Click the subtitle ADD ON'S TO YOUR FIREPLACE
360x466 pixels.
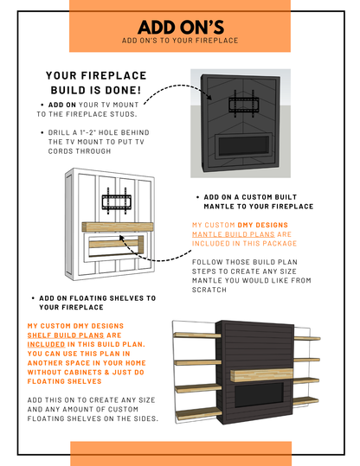pyautogui.click(x=180, y=40)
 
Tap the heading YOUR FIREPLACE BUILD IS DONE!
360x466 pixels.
pyautogui.click(x=95, y=85)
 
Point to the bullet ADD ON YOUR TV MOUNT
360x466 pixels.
pyautogui.click(x=87, y=109)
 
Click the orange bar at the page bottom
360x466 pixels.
pyautogui.click(x=180, y=453)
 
